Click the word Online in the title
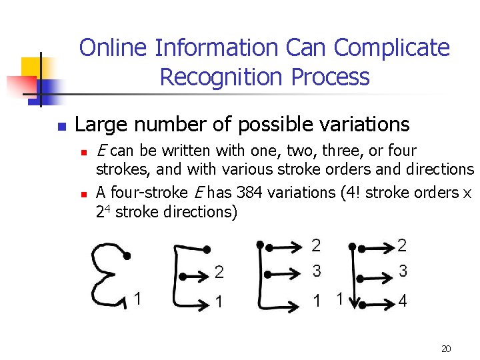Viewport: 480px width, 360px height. tap(114, 48)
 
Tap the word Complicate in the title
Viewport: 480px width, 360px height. tap(391, 48)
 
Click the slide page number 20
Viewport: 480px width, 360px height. tap(447, 348)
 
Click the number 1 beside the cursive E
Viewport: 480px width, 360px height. tap(138, 299)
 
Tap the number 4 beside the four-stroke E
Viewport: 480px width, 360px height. tap(402, 301)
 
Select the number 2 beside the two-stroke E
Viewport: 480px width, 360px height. tap(219, 272)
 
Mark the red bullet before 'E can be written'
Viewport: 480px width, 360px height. tap(83, 152)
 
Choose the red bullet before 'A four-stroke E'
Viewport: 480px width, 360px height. tap(83, 194)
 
